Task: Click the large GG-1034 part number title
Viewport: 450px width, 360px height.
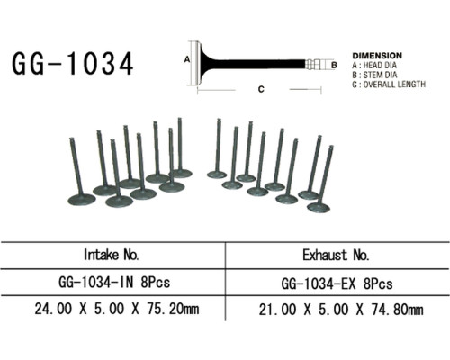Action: pyautogui.click(x=73, y=63)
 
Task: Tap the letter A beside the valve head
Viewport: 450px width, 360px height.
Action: pyautogui.click(x=187, y=59)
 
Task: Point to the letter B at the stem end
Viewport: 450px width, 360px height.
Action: pyautogui.click(x=334, y=65)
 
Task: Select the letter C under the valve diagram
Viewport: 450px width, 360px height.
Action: pyautogui.click(x=261, y=89)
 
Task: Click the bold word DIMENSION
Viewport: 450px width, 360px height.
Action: pyautogui.click(x=377, y=56)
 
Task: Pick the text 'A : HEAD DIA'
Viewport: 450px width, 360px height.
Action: pyautogui.click(x=374, y=65)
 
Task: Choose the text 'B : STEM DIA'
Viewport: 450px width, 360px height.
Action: pyautogui.click(x=374, y=75)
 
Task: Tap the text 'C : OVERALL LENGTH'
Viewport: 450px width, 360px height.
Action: pyautogui.click(x=389, y=85)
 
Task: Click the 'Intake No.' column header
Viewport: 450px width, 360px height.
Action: pyautogui.click(x=112, y=255)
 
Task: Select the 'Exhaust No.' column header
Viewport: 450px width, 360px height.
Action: pyautogui.click(x=336, y=256)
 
